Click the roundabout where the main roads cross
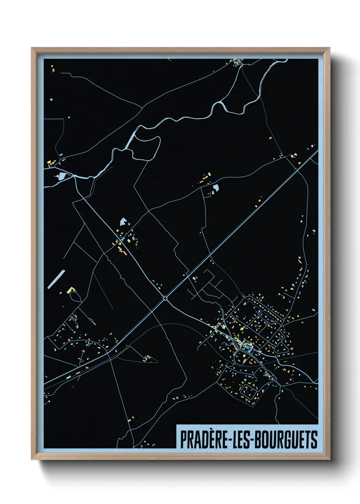[x=165, y=298]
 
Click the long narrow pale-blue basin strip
[x=56, y=279]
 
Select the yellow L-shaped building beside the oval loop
[x=71, y=290]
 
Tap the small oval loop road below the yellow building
[x=76, y=297]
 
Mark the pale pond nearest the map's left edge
[x=62, y=176]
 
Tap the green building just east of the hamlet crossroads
[x=129, y=240]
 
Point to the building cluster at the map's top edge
[x=238, y=62]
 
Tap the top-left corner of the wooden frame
[x=32, y=48]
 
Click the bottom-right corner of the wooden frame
[x=329, y=459]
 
